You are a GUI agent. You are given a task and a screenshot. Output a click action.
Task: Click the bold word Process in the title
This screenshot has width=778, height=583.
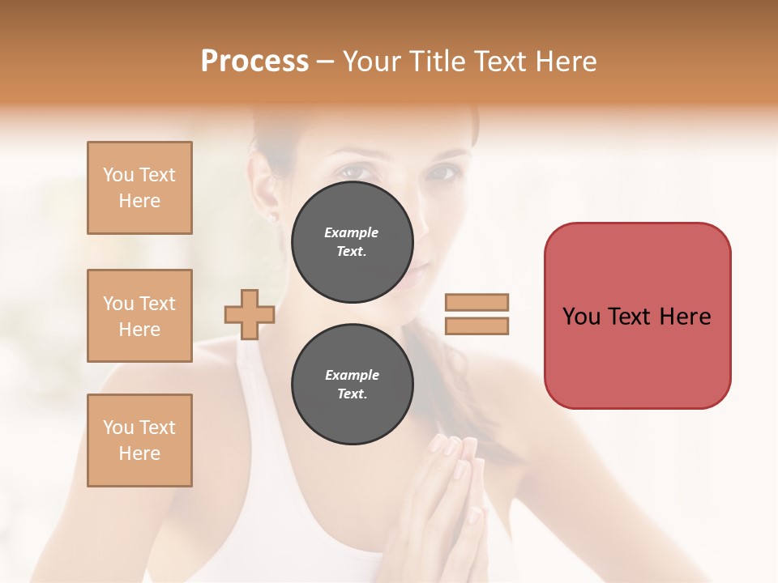point(254,62)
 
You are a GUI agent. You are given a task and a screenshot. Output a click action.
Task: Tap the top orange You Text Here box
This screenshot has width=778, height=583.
point(139,188)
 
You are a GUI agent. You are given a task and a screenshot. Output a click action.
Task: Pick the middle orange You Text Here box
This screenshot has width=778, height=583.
point(139,316)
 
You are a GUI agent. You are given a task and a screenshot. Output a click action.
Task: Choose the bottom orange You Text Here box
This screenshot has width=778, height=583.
point(139,440)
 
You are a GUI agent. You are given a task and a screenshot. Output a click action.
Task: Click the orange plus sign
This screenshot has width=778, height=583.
point(249,314)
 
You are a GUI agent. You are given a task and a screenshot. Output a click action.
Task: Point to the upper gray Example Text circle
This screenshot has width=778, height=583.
point(352,242)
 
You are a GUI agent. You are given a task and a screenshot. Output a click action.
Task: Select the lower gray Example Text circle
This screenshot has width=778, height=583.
point(352,385)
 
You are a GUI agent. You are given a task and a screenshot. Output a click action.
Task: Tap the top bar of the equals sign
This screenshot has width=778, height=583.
point(477,303)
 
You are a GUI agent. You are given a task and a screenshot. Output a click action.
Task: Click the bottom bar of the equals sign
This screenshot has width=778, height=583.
point(477,326)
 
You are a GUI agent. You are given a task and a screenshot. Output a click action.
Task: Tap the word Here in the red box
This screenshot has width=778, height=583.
point(685,317)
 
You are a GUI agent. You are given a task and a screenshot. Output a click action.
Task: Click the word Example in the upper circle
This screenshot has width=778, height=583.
point(352,232)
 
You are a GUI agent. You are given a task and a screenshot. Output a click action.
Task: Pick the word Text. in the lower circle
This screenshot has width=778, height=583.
point(352,394)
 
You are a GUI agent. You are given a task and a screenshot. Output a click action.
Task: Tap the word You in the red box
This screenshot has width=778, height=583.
point(580,317)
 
